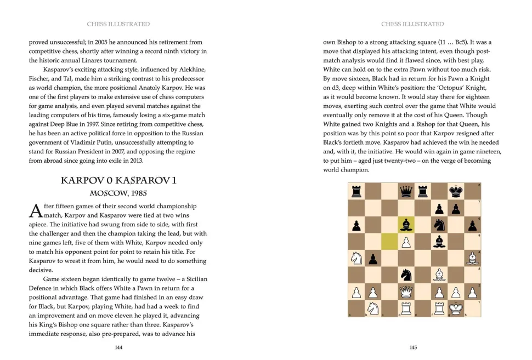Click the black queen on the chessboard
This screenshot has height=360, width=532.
coord(406,191)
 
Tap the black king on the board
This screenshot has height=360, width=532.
coord(456,191)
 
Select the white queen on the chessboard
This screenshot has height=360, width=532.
coord(406,292)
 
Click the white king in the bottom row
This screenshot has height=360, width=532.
coord(456,308)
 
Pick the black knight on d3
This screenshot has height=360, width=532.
coord(406,275)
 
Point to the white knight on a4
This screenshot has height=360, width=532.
coord(356,258)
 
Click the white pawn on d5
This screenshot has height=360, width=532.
coord(406,241)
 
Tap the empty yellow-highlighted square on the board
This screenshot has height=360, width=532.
coord(389,241)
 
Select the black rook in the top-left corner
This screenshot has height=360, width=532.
coord(356,191)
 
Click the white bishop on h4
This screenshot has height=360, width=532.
coord(472,258)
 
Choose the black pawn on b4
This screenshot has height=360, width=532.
coord(373,258)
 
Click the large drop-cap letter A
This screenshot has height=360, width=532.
coord(35,211)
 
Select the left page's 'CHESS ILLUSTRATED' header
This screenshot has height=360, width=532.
coord(118,24)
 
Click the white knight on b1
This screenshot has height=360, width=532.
coord(373,308)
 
